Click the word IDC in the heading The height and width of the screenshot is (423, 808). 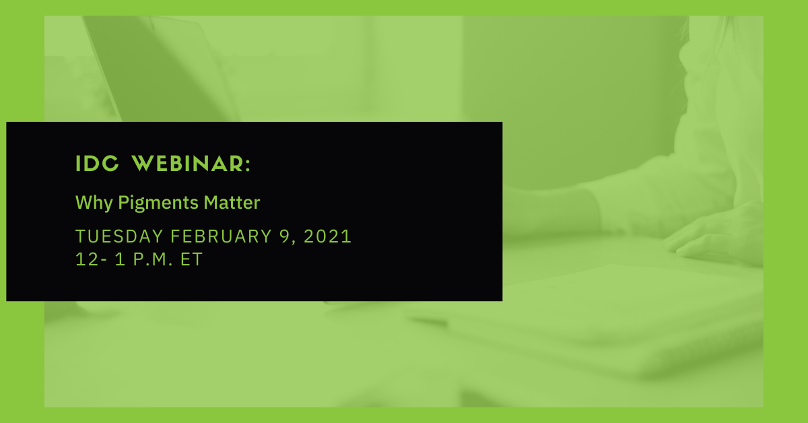[97, 164]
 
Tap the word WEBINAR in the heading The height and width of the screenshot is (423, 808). [188, 164]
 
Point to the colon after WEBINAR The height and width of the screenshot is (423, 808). [248, 165]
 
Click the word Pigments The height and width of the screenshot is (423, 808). [158, 203]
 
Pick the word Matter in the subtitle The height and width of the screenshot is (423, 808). [232, 203]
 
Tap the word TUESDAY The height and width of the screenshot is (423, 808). [119, 237]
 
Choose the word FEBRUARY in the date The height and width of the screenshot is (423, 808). [221, 237]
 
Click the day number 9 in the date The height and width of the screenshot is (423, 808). [285, 237]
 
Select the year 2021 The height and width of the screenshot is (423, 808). [327, 237]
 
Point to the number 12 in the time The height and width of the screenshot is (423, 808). [87, 259]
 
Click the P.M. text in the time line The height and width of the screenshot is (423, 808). [153, 259]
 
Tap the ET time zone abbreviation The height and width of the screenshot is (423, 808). [191, 259]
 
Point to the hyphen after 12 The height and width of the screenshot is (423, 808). [104, 261]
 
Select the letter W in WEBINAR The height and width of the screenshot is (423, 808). [143, 164]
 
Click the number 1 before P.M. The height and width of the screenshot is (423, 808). [120, 259]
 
